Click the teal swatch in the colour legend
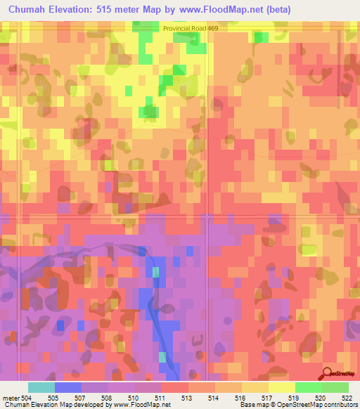point(41,387)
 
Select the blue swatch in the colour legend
point(68,387)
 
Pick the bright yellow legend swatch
point(281,387)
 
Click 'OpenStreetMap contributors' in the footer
point(326,405)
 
